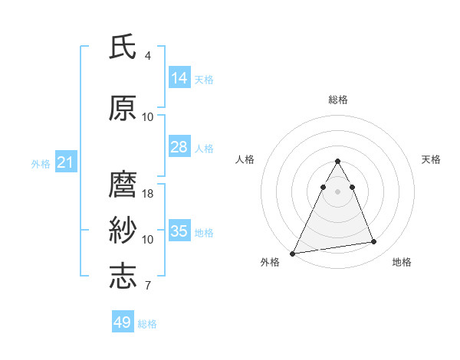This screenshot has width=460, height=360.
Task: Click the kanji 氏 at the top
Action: (123, 47)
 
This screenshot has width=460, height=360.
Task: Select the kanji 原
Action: (123, 109)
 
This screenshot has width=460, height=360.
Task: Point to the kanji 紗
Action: (123, 231)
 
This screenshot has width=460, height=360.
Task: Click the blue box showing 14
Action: (179, 78)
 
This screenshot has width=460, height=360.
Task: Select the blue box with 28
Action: (179, 147)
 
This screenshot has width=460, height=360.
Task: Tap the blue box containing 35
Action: (179, 231)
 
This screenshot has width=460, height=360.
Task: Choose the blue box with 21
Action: (65, 162)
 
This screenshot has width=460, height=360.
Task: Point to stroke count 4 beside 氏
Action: (148, 56)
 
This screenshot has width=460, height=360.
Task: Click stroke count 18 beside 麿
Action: (148, 194)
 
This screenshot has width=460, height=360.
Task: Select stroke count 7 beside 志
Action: (148, 286)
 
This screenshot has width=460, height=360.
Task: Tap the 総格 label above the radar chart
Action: (338, 100)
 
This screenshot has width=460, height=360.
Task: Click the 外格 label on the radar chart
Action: (270, 263)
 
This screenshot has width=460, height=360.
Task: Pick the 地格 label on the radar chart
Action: (402, 263)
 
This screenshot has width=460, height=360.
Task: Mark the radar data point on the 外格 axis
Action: (293, 253)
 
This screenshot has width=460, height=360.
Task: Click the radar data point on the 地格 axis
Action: (374, 242)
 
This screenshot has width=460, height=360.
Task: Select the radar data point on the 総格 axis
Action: (337, 162)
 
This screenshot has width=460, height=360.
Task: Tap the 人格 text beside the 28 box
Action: (204, 148)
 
